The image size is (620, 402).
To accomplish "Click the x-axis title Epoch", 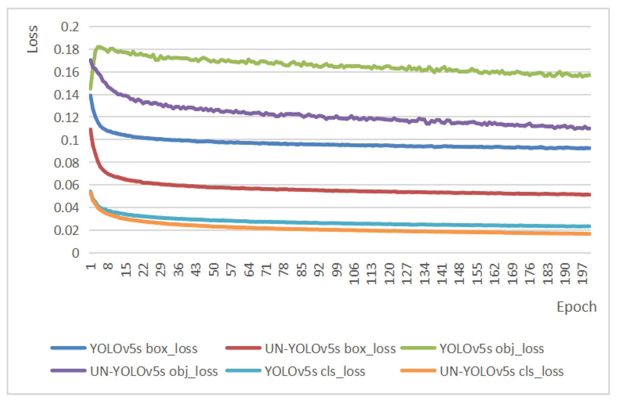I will click(577, 307).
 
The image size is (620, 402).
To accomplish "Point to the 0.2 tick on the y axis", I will click(70, 27).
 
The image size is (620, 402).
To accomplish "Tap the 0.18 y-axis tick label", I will click(66, 50).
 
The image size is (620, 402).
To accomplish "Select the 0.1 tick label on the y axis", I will click(70, 140).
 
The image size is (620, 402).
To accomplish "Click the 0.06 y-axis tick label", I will click(66, 185).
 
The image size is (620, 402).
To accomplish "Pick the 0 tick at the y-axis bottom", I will click(75, 253).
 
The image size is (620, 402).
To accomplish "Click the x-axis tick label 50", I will click(214, 270).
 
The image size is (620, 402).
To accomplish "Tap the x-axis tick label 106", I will click(354, 273).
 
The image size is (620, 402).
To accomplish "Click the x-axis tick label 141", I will click(442, 273).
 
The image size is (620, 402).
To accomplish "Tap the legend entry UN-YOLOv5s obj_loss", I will click(154, 371).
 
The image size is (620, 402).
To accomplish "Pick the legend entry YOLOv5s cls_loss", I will click(315, 371).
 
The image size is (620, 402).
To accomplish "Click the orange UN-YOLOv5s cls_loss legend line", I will click(418, 371).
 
